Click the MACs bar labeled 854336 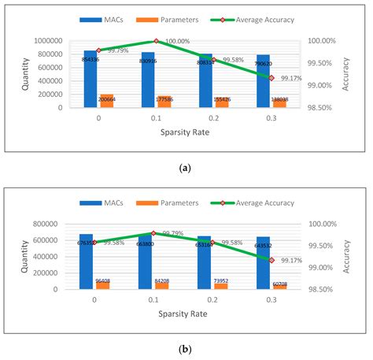(x=90, y=79)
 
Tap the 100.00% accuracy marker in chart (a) (x=156, y=41)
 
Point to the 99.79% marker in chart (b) (x=156, y=233)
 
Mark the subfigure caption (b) (x=185, y=348)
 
